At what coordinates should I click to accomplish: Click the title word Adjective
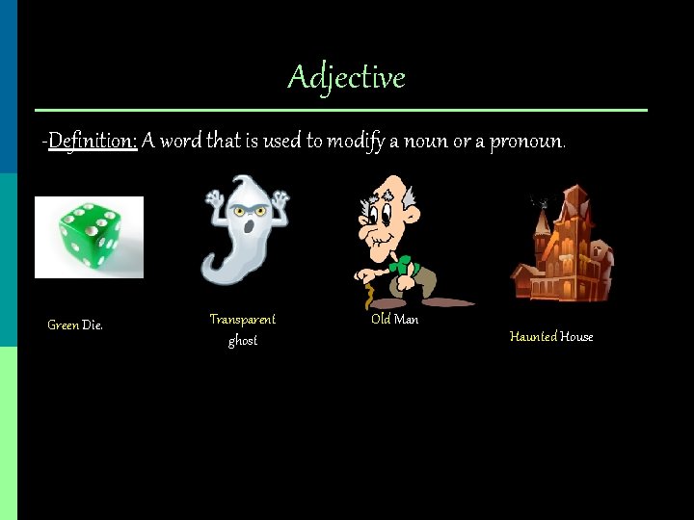click(346, 77)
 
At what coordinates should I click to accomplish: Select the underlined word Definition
click(92, 142)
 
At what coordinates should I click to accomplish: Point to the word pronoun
click(526, 142)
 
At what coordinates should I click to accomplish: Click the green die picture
click(88, 237)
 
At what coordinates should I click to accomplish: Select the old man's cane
click(367, 289)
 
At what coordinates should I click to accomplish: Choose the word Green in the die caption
click(64, 325)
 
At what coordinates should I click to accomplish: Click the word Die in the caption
click(93, 325)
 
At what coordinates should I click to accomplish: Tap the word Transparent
click(243, 319)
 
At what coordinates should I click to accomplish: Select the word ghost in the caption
click(243, 341)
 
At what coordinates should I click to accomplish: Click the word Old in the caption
click(381, 319)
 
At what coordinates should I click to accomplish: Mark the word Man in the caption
click(407, 319)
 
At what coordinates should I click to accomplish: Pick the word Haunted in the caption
click(533, 337)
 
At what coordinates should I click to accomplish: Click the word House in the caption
click(577, 337)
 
